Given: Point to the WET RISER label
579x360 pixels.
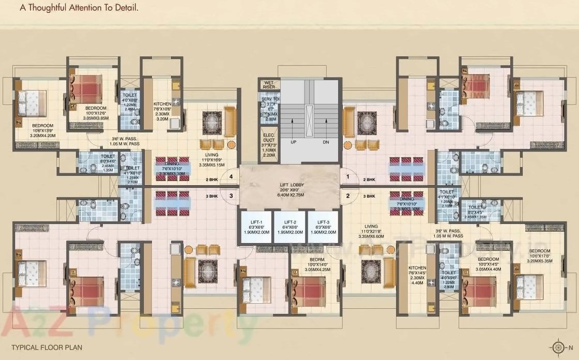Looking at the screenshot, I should point(269,85).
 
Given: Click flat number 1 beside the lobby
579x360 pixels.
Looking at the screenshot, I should point(348,177).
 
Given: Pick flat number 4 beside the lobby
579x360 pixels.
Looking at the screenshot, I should point(232,177).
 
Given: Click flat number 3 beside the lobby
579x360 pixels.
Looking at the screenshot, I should point(232,196).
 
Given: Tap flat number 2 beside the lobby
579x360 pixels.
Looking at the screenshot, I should point(348,196).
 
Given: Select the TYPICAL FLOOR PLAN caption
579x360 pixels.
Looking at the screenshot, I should point(47,347).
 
